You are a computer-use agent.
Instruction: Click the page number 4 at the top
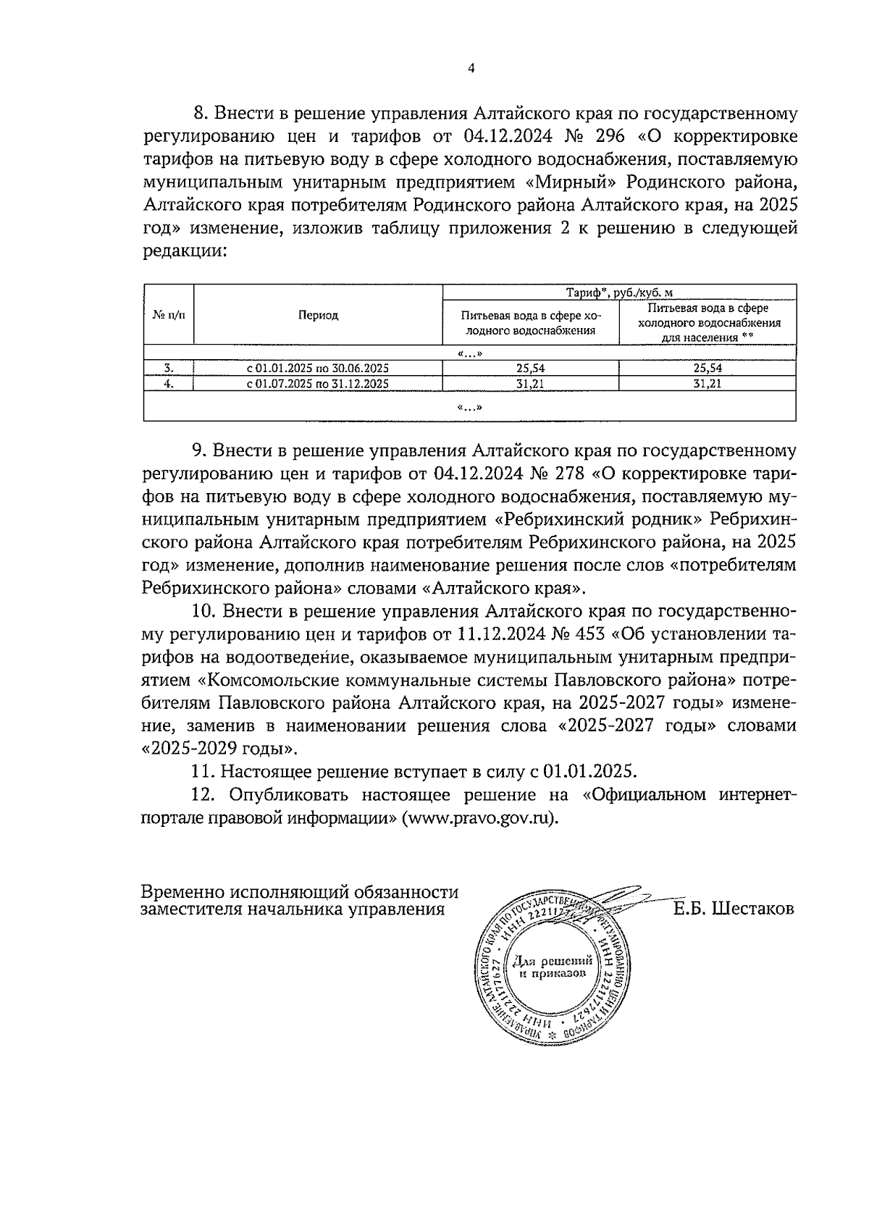pyautogui.click(x=471, y=69)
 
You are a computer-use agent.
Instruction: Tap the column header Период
pyautogui.click(x=318, y=315)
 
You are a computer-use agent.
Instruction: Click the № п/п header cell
pyautogui.click(x=169, y=315)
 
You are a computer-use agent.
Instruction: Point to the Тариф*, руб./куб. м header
pyautogui.click(x=619, y=293)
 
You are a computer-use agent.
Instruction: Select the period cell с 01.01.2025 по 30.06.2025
pyautogui.click(x=318, y=368)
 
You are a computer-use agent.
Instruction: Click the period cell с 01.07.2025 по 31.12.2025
pyautogui.click(x=318, y=384)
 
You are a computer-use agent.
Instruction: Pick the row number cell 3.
pyautogui.click(x=169, y=368)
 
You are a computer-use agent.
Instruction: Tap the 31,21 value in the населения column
pyautogui.click(x=707, y=384)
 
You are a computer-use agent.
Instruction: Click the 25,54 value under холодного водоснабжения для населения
pyautogui.click(x=707, y=368)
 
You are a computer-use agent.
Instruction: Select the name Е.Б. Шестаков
pyautogui.click(x=733, y=908)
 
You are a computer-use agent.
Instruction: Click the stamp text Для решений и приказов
pyautogui.click(x=553, y=967)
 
